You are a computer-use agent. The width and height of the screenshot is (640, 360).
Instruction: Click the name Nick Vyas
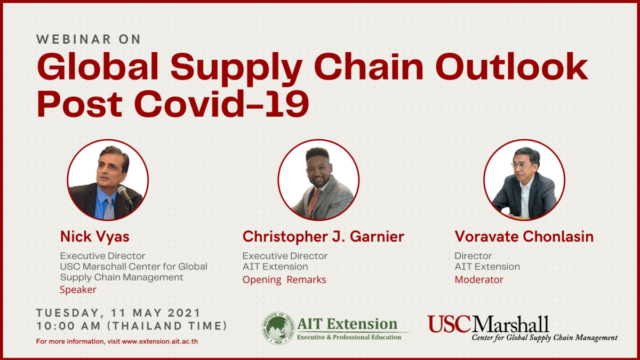click(x=95, y=237)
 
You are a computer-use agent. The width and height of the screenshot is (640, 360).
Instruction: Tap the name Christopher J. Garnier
click(x=323, y=237)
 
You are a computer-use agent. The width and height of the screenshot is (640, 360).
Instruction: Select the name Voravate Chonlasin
click(x=524, y=237)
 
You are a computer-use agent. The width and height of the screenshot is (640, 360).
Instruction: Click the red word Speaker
click(x=78, y=290)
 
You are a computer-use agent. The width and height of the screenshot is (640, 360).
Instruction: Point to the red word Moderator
click(x=479, y=279)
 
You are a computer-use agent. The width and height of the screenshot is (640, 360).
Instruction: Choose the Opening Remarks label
click(x=284, y=280)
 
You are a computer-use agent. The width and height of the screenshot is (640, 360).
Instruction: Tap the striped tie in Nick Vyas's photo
click(x=109, y=209)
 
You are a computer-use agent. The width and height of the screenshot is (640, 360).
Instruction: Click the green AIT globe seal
click(x=278, y=328)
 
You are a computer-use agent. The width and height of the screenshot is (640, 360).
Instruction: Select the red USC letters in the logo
click(x=449, y=324)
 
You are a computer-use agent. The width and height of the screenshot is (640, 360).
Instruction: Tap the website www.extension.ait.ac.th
click(x=159, y=341)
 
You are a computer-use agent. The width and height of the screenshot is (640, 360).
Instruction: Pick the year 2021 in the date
click(x=183, y=313)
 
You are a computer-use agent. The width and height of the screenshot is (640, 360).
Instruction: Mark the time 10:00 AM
click(x=69, y=326)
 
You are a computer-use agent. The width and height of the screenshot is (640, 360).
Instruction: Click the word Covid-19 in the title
click(x=222, y=103)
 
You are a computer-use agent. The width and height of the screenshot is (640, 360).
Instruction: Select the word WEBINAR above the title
click(x=74, y=39)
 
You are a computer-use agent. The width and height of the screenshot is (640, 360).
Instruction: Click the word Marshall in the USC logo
click(x=510, y=324)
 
